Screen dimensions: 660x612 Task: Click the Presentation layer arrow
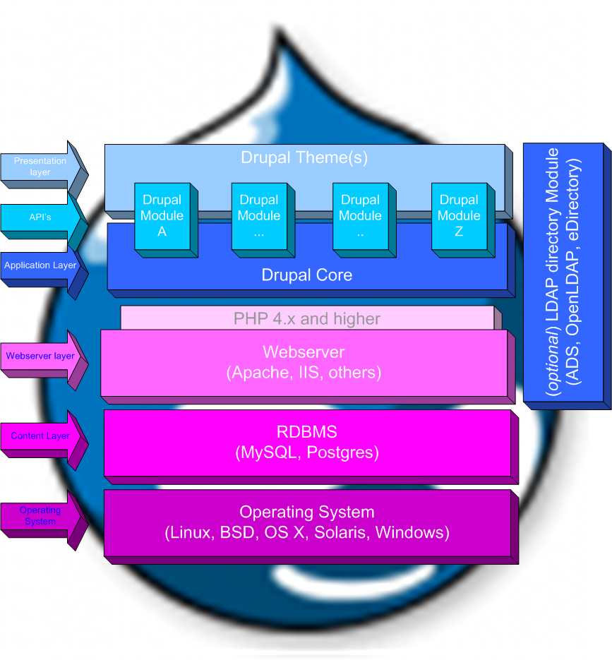tap(41, 167)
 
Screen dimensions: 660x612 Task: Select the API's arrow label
tap(40, 217)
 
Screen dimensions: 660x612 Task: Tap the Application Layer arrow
tap(40, 266)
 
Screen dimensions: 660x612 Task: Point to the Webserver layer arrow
tap(40, 356)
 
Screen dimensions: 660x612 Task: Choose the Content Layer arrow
tap(40, 436)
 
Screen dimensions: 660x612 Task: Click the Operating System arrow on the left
tap(40, 516)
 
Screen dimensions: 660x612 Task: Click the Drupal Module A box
tap(162, 215)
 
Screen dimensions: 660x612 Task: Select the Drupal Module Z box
tap(459, 215)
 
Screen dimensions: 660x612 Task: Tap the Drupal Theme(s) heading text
tap(304, 157)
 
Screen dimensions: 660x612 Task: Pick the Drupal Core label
tap(306, 275)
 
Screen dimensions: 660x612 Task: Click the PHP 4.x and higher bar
tap(307, 318)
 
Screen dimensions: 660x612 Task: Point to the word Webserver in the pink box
tap(304, 352)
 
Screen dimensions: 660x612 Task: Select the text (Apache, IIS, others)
tap(304, 372)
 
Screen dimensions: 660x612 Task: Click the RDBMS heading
tap(306, 432)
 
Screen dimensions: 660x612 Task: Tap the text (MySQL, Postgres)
tap(306, 452)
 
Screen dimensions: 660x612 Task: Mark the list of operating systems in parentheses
tap(306, 532)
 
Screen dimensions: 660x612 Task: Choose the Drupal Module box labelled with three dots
tap(259, 215)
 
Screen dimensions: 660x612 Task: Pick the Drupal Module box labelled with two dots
tap(360, 215)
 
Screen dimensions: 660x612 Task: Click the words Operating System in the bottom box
tap(306, 512)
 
